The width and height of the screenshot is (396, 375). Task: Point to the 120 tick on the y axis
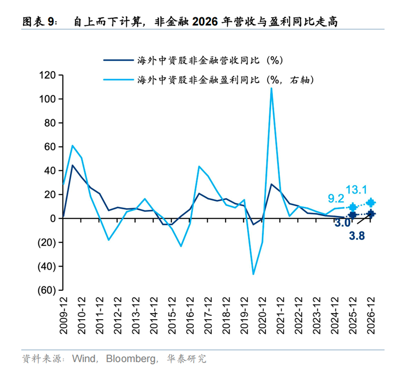47,75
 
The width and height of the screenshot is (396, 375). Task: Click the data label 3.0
342,224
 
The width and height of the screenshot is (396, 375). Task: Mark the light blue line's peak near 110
271,88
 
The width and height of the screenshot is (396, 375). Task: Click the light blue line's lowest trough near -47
253,274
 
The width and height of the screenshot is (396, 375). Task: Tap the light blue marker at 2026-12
371,203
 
